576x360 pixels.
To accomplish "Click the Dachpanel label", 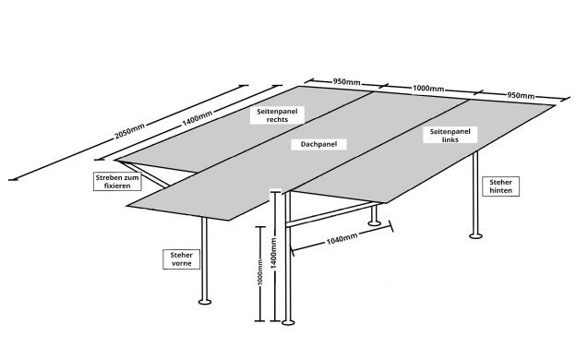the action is pos(318,144).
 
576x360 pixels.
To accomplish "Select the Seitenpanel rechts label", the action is pos(277,115).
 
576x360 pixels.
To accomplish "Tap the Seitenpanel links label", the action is pos(450,136).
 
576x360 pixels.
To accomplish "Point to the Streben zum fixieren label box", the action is pos(117,182).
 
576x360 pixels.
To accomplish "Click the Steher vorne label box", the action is pos(182,259).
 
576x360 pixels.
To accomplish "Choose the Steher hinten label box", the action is pos(500,186).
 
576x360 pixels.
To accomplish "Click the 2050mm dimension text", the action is pos(129,131).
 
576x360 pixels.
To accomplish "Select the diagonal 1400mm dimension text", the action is pos(198,118).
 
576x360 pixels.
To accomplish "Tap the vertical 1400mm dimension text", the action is pos(273,253).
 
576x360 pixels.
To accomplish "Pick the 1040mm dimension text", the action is pos(342,238).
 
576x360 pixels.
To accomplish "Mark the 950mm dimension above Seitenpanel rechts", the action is pos(346,81).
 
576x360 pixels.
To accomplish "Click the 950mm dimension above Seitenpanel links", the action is pos(521,95).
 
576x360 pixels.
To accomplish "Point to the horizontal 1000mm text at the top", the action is pos(428,89).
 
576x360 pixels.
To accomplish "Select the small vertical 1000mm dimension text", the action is pos(260,272).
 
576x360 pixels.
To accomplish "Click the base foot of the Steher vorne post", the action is pos(205,302).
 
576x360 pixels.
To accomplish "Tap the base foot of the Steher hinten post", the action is pos(475,235).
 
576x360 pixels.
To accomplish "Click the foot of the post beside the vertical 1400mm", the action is pos(288,322).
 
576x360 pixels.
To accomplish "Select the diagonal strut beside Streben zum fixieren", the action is pos(144,174).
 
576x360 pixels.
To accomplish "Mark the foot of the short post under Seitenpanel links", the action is pos(375,222).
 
